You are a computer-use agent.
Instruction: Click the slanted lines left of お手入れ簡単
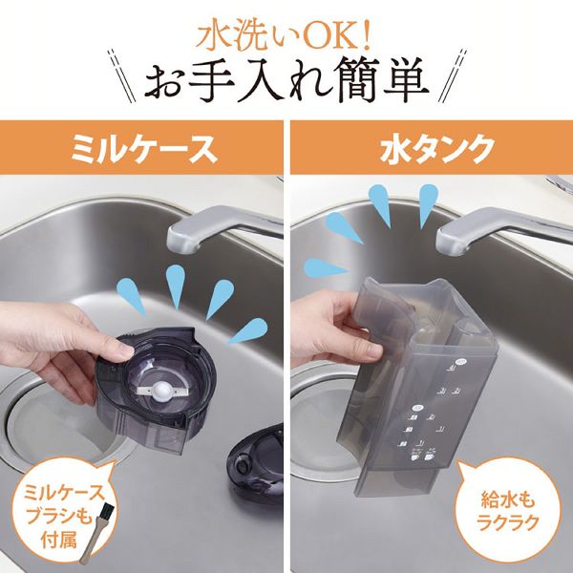coord(119,86)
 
